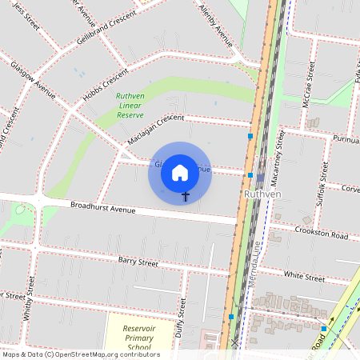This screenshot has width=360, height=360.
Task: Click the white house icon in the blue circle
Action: pos(180,173)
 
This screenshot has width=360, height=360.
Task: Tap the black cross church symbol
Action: pos(186,196)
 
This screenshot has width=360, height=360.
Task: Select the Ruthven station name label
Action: pos(261,194)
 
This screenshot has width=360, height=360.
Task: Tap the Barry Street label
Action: pos(138,262)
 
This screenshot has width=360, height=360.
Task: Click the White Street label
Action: pos(304,276)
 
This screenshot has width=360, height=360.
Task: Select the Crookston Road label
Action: pos(320,237)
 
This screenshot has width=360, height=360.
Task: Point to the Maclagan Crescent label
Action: pos(155,130)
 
